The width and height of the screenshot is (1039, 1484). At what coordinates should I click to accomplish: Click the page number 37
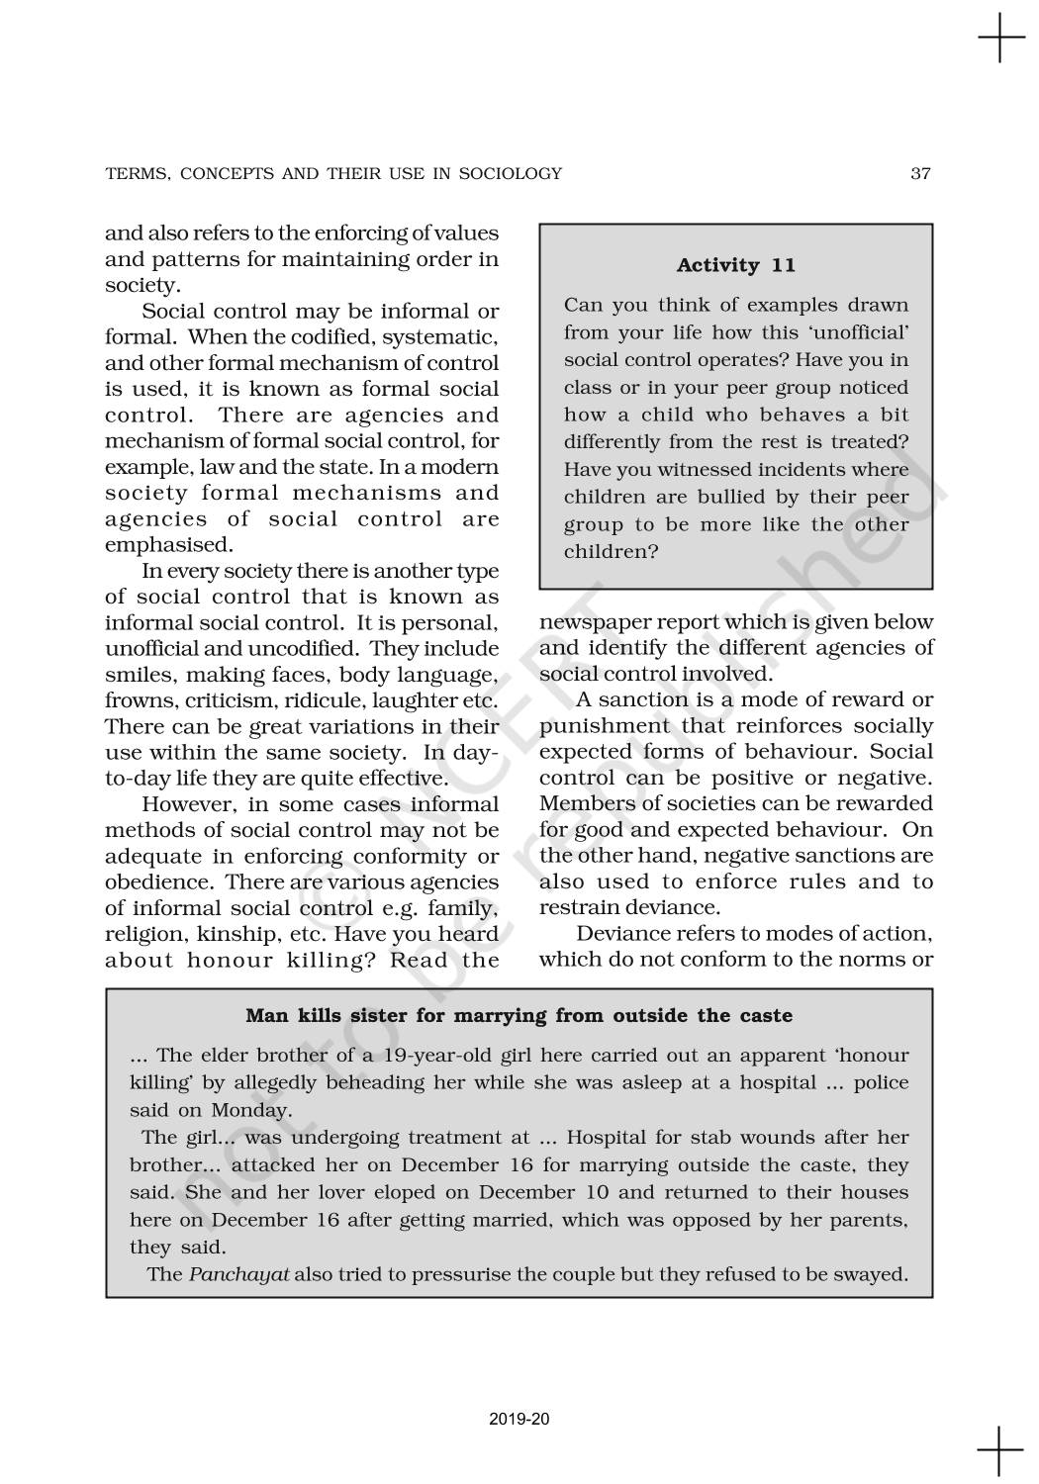coord(920,174)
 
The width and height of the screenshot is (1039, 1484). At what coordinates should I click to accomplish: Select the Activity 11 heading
coord(735,265)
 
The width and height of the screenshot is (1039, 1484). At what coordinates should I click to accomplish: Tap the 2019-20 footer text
coord(519,1419)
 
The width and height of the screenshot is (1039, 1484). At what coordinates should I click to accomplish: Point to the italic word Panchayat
coord(238,1274)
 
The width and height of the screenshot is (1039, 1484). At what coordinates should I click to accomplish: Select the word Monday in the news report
coord(251,1110)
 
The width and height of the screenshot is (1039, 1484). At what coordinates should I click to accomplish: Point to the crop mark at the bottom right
coord(1000,1451)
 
